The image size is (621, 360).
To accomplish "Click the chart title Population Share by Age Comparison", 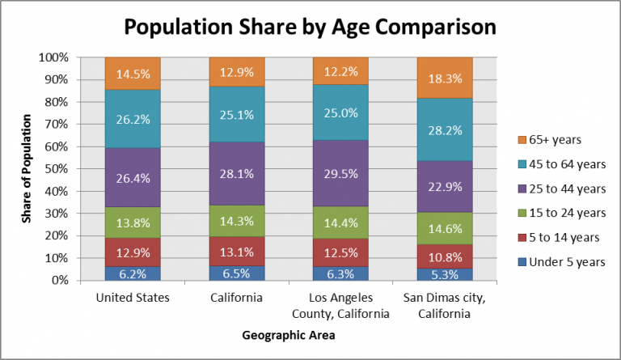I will coord(310,27).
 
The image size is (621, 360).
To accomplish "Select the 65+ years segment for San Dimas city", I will coord(444,78).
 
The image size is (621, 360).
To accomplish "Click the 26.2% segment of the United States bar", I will coord(132,119).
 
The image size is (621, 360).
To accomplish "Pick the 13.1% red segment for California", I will coord(236,252).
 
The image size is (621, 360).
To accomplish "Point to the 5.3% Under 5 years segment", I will coord(444,274).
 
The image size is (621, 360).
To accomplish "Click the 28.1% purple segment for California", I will coord(236,174).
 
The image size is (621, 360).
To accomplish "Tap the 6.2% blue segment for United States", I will coord(132,273).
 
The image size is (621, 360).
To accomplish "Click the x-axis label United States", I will coord(132,298).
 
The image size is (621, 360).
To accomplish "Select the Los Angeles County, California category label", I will coord(340,304).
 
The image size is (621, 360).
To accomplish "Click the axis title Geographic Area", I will coord(287,334).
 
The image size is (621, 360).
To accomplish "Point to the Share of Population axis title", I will coord(27,169).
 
